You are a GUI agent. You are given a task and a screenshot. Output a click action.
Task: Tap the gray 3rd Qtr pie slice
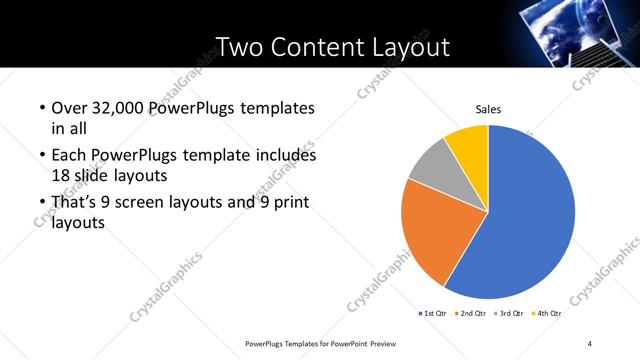pos(432,168)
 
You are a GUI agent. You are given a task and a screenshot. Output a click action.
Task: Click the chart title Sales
pos(487,109)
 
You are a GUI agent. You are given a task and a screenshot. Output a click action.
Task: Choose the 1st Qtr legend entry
pos(432,314)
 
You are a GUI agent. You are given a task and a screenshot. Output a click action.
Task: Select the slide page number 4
pos(590,344)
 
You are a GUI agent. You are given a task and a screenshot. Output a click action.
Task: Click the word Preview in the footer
pos(379,344)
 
